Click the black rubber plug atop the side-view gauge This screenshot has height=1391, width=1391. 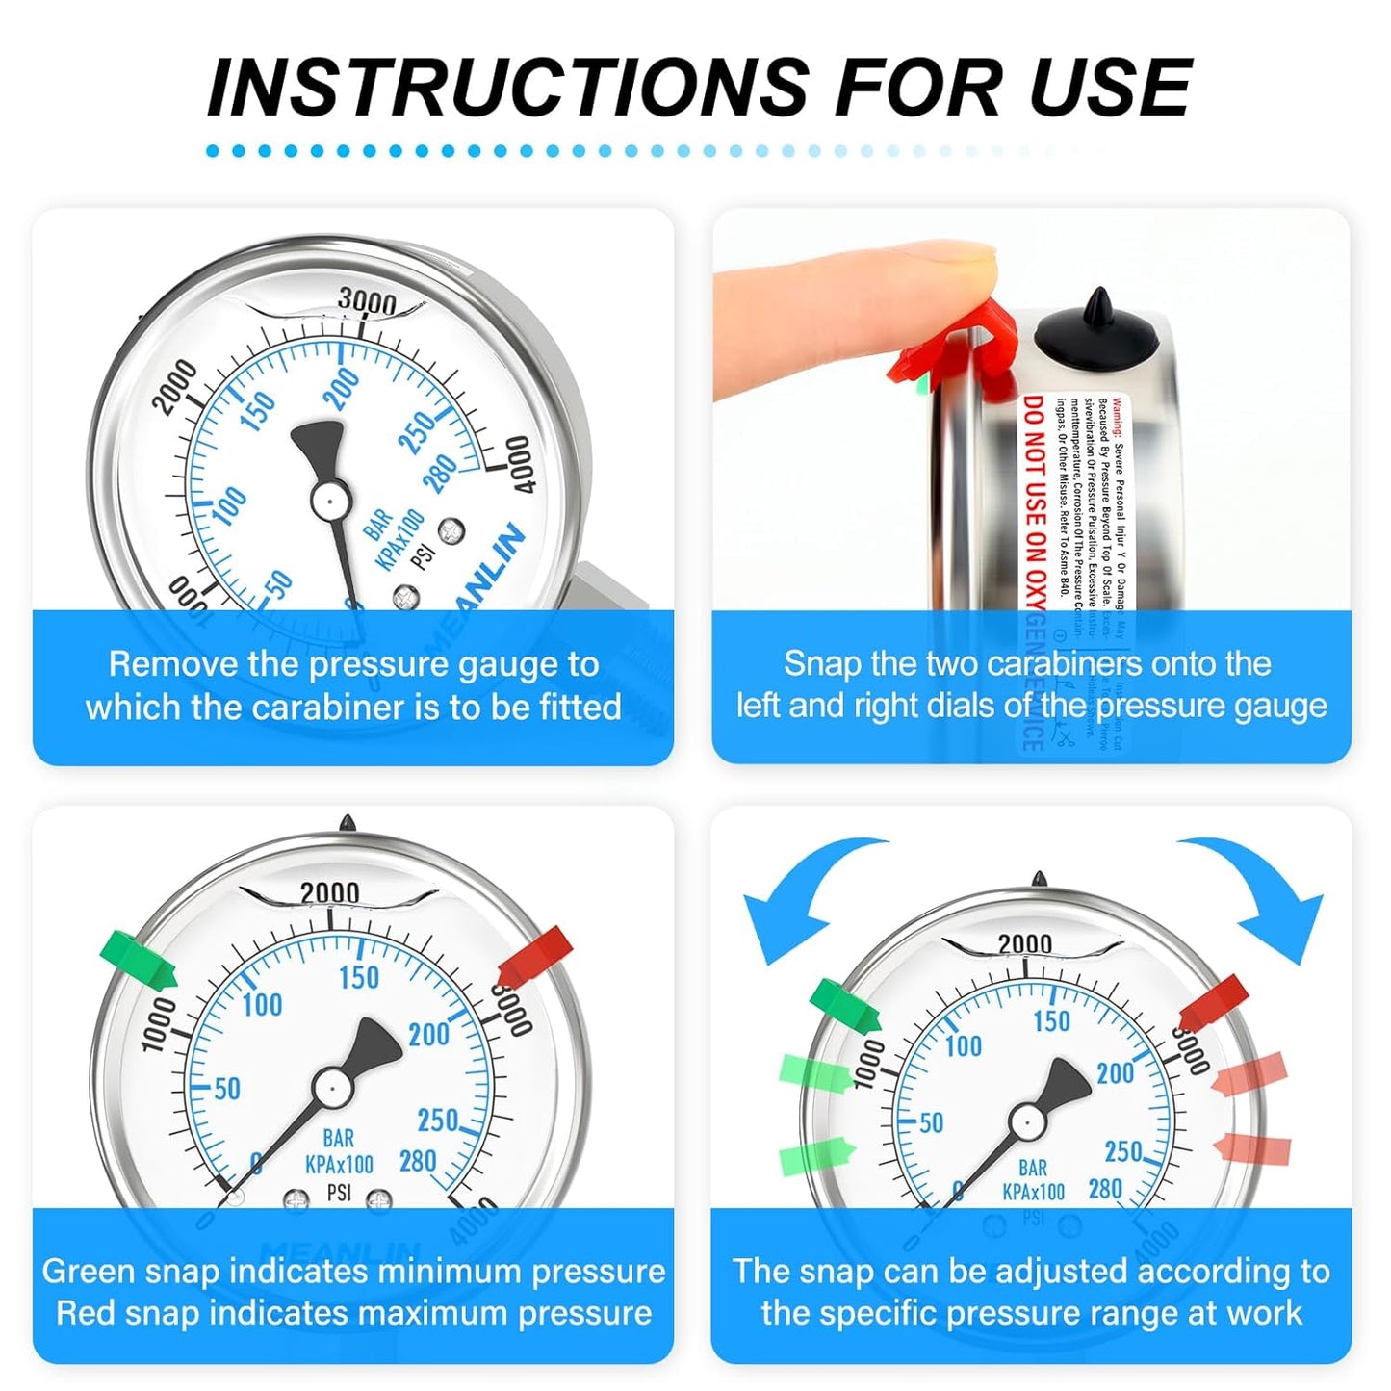1097,332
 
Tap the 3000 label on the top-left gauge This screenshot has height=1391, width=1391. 367,301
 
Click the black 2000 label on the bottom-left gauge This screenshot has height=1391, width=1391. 329,893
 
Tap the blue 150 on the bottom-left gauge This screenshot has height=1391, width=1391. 359,977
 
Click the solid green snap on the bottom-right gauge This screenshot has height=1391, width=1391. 845,1005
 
